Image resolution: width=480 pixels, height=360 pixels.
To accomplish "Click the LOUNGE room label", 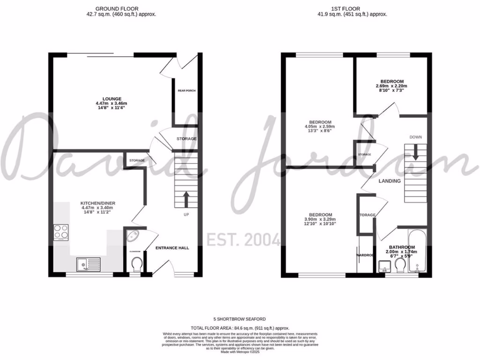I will [111, 99].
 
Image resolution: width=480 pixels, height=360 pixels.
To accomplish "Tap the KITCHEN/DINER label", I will [98, 203].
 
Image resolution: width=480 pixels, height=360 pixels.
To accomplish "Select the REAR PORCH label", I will [186, 91].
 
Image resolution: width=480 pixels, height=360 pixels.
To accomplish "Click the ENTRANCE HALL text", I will [172, 247].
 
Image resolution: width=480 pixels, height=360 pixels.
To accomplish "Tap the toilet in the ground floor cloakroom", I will [136, 265].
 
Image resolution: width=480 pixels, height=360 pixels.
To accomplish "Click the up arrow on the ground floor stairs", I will [186, 199].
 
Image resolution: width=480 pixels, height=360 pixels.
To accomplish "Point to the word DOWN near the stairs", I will [415, 137].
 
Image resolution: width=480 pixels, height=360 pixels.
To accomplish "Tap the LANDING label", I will [390, 181].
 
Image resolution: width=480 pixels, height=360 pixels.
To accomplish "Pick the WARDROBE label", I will [366, 255].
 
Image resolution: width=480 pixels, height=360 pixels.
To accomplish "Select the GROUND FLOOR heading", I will [112, 8].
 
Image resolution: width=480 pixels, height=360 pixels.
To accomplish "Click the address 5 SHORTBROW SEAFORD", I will [240, 319].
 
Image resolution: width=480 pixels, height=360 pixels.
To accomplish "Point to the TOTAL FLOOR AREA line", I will [240, 328].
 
